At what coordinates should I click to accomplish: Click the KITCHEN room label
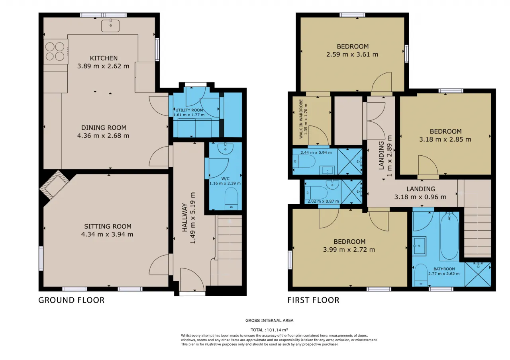(x=104, y=58)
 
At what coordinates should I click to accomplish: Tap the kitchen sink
(x=110, y=25)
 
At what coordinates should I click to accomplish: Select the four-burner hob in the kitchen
(x=55, y=51)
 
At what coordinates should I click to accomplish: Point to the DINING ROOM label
(x=104, y=128)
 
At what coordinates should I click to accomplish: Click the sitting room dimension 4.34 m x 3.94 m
(x=107, y=235)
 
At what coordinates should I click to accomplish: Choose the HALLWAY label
(x=184, y=217)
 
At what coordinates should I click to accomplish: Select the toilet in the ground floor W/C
(x=231, y=198)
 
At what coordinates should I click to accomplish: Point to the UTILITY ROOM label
(x=189, y=110)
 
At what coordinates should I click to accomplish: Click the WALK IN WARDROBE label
(x=301, y=119)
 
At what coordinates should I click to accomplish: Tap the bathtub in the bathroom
(x=449, y=236)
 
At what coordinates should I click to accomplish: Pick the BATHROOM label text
(x=444, y=269)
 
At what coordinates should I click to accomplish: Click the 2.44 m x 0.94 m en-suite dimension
(x=316, y=153)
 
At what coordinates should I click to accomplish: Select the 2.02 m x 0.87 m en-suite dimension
(x=323, y=202)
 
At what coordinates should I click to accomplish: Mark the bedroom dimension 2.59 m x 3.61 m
(x=352, y=55)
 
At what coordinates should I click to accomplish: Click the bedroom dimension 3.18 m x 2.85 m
(x=445, y=139)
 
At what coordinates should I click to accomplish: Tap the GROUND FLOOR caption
(x=71, y=300)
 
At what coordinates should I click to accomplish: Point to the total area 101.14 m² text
(x=269, y=330)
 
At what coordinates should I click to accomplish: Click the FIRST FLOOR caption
(x=313, y=300)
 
